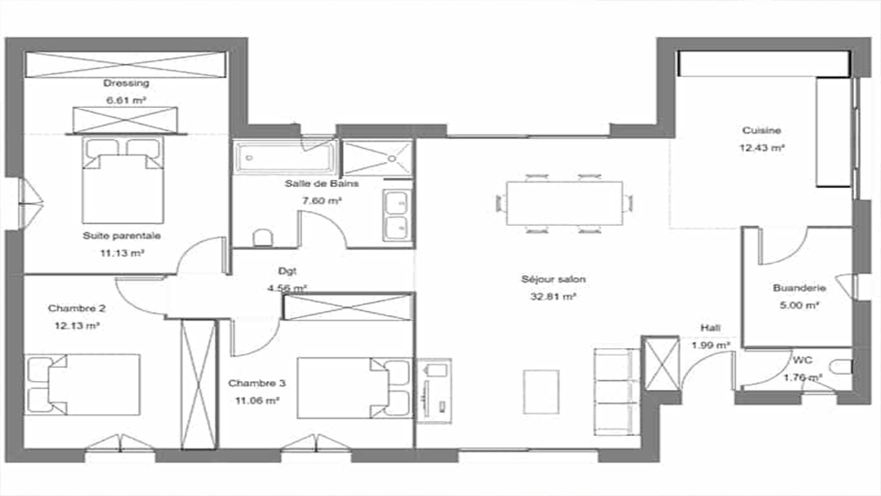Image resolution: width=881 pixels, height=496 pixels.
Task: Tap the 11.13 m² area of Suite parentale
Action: click(122, 253)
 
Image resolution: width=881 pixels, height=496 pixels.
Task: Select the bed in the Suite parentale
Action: click(123, 180)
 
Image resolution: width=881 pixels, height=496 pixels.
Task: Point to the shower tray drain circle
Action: click(392, 158)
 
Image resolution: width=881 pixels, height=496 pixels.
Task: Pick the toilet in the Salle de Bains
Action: click(263, 238)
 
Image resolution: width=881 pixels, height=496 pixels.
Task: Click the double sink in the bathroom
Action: click(397, 216)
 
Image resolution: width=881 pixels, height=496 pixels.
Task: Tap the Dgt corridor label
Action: click(287, 271)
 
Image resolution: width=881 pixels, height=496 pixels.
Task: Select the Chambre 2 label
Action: click(76, 308)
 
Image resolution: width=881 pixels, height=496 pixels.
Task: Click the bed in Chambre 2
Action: click(82, 384)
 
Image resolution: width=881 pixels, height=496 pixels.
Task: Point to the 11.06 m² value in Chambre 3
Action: click(257, 401)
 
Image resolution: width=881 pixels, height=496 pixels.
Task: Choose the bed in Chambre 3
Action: click(354, 388)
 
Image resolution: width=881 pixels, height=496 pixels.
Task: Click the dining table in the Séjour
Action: click(564, 203)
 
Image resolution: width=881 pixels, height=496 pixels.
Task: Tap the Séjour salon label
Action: click(553, 279)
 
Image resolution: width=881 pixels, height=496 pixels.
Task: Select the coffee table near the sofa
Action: click(541, 392)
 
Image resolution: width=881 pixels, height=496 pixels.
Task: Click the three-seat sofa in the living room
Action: click(617, 392)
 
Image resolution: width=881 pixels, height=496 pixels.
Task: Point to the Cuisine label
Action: click(761, 130)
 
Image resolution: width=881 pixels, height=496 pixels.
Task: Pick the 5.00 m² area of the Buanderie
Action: click(798, 305)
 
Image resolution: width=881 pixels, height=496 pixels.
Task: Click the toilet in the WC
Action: click(840, 367)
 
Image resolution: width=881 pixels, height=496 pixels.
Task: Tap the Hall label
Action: click(710, 328)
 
